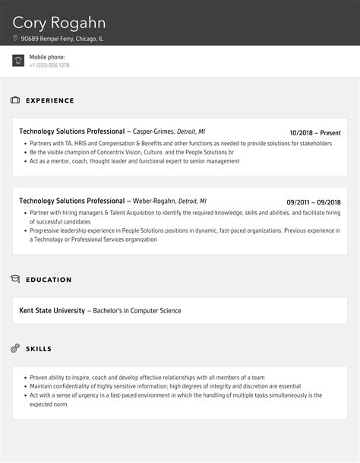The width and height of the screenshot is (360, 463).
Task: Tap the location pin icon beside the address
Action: click(15, 38)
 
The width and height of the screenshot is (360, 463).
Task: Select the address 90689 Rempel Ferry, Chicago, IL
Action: click(62, 38)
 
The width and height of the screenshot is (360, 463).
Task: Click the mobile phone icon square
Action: click(18, 61)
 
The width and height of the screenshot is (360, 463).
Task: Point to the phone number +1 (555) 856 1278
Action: click(49, 65)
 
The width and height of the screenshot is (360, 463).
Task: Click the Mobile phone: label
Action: click(47, 57)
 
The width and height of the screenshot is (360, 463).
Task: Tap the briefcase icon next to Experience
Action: click(15, 100)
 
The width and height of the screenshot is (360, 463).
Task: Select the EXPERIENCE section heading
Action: click(50, 100)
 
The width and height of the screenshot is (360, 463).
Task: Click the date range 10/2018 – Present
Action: click(315, 132)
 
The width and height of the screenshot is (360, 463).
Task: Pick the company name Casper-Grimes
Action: click(154, 132)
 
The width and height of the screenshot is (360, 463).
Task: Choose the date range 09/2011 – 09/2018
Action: click(314, 201)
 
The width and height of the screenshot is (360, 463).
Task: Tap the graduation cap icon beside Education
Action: click(15, 280)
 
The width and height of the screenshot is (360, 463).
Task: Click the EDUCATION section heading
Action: click(49, 280)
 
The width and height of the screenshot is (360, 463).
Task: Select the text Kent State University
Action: click(52, 310)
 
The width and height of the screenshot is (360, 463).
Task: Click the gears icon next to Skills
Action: click(15, 348)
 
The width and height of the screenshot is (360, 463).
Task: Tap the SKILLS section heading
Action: click(39, 349)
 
